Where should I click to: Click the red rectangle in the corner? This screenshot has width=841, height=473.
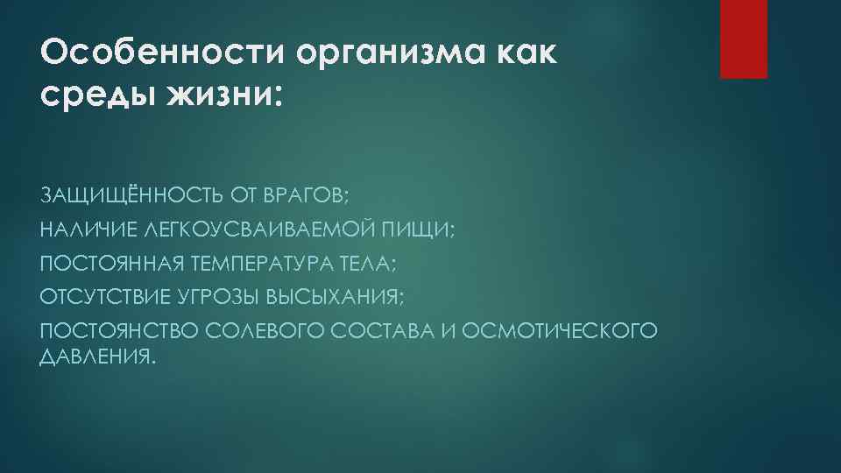[x=743, y=39]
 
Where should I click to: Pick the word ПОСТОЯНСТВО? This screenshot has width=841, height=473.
[x=119, y=332]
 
